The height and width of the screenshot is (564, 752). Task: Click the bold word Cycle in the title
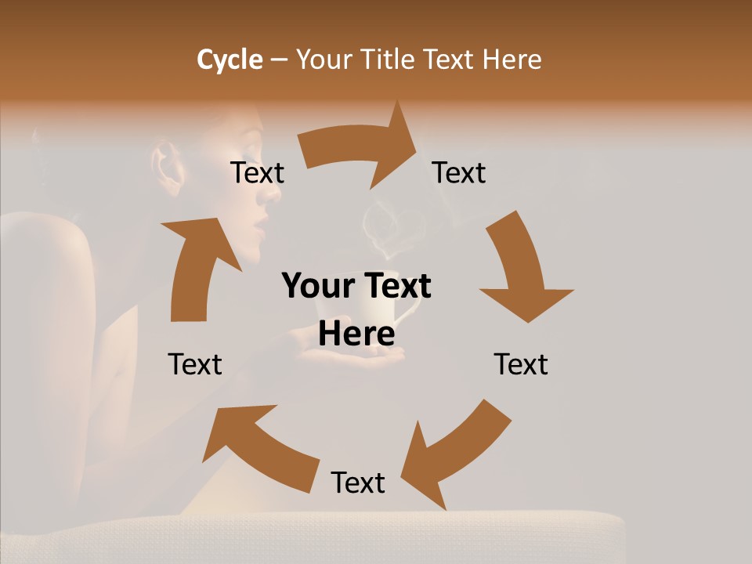230,60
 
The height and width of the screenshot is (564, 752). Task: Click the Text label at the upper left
257,172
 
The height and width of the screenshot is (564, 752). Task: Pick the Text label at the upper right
459,172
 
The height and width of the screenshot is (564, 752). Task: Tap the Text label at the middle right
521,364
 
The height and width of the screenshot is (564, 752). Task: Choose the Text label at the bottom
358,483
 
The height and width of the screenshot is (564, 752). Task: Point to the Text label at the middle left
195,364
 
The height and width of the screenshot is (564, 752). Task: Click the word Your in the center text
312,287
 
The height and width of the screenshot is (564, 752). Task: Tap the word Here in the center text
356,334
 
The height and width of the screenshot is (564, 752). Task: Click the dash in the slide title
280,60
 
